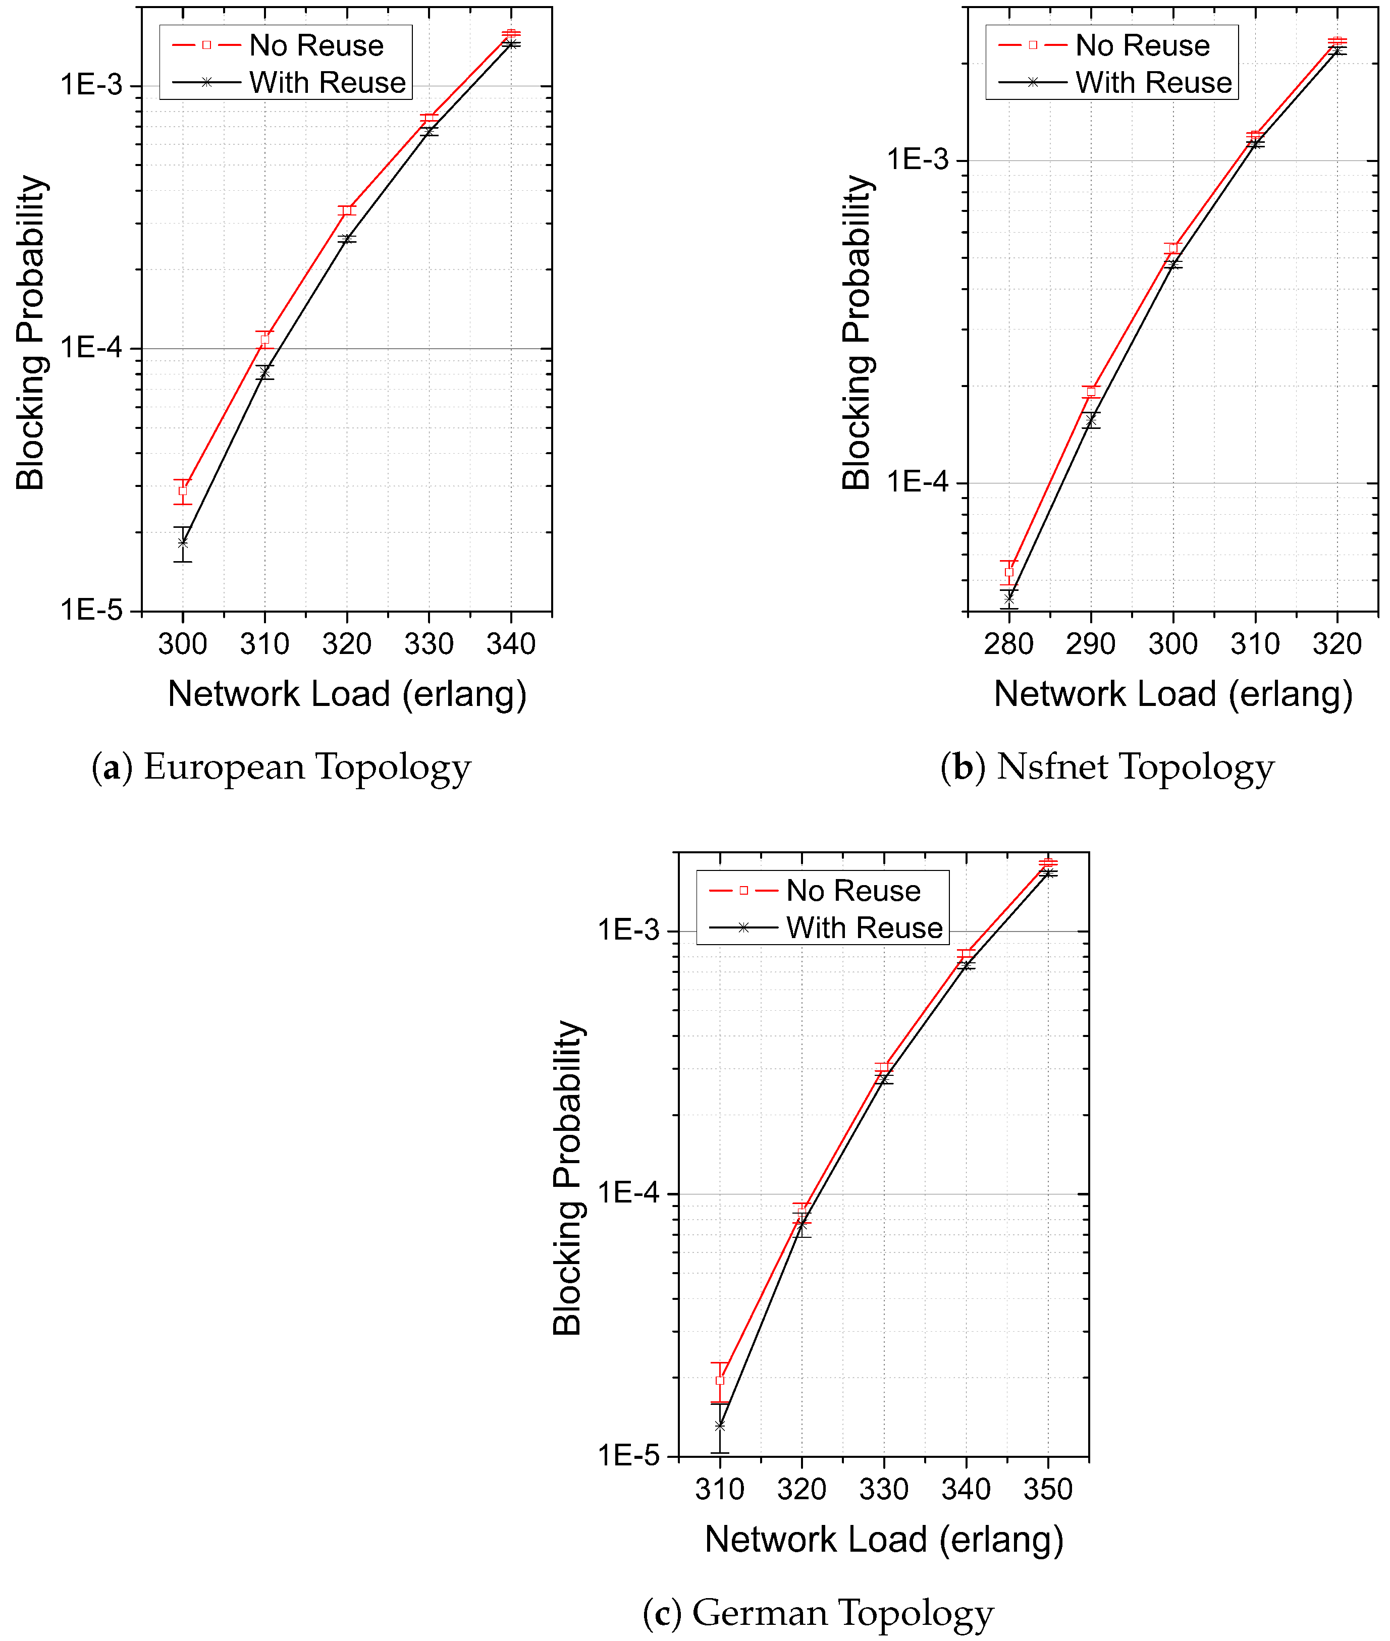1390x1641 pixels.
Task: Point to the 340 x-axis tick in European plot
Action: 511,644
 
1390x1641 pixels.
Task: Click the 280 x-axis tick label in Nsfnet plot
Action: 1008,644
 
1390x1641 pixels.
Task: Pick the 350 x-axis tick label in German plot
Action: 1047,1490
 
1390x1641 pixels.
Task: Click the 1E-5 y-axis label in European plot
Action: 91,610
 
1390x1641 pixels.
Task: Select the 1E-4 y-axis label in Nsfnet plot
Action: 917,482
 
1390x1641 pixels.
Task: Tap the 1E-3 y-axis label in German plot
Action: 628,931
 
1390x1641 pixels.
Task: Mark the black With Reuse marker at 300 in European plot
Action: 183,542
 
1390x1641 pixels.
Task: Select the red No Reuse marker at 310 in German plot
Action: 719,1380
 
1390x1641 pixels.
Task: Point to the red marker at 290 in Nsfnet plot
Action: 1091,392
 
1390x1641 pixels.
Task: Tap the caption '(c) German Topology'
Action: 818,1613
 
